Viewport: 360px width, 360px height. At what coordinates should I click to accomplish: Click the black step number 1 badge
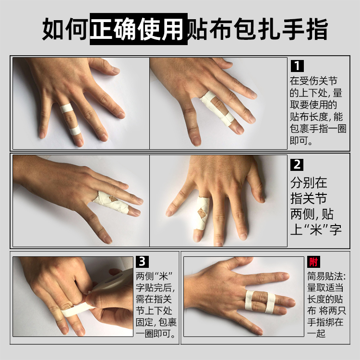(x=298, y=65)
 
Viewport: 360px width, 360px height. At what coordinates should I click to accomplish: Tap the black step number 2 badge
(x=298, y=165)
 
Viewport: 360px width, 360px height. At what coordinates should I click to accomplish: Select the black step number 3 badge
(x=142, y=262)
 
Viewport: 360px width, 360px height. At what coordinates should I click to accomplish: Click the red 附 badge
(x=313, y=262)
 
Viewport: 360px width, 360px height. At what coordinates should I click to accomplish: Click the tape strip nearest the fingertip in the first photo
(x=74, y=131)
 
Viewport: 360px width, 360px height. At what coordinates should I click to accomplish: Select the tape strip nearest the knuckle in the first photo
(x=66, y=108)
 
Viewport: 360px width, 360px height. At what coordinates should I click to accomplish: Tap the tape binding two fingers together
(x=260, y=301)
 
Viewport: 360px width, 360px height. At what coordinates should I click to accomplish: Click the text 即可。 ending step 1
(x=301, y=142)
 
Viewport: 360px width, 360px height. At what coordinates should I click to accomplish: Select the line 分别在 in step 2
(x=309, y=183)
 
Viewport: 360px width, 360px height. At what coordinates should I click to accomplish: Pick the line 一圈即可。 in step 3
(x=156, y=334)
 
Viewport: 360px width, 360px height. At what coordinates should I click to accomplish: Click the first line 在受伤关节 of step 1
(x=315, y=80)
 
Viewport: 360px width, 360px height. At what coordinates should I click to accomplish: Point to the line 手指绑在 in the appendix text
(x=326, y=322)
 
